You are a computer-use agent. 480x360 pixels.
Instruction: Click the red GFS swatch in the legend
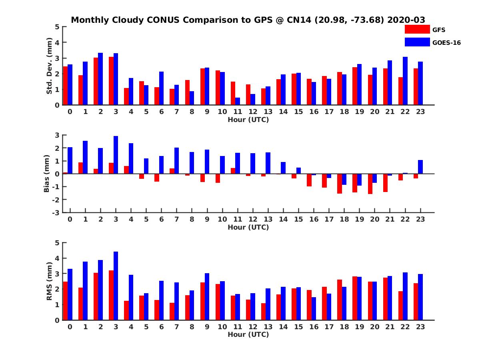417,29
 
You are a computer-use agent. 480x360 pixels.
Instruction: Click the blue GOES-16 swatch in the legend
417,42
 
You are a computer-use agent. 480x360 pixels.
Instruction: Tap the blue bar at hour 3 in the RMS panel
116,286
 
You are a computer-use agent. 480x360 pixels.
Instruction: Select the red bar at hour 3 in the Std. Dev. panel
111,81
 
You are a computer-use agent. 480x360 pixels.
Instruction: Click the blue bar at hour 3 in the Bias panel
116,155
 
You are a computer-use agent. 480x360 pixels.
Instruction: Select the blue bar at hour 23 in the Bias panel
420,167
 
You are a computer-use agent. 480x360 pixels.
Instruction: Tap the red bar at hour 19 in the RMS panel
355,298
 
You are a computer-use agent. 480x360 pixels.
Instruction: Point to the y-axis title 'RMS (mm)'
49,281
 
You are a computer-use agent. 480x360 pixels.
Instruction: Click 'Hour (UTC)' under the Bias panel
248,227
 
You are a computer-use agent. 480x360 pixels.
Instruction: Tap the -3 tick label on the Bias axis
56,212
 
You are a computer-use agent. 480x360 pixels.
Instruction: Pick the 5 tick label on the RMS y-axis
57,243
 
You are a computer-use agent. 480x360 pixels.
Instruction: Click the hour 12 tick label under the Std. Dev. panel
253,112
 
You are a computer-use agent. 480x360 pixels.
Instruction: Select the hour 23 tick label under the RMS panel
420,326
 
